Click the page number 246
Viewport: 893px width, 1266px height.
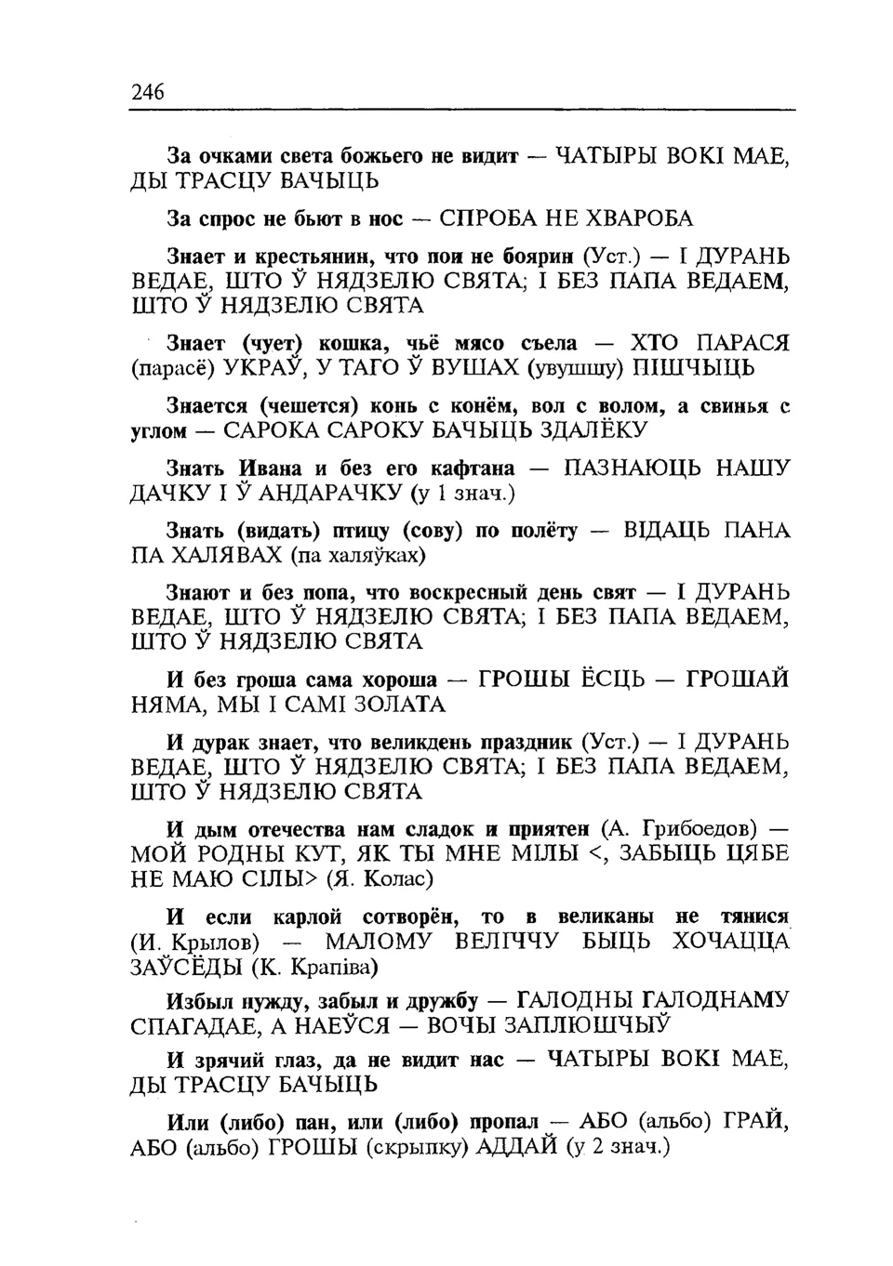click(148, 91)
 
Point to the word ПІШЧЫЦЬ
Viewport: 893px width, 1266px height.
click(694, 368)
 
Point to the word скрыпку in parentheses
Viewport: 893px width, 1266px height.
click(419, 1146)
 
